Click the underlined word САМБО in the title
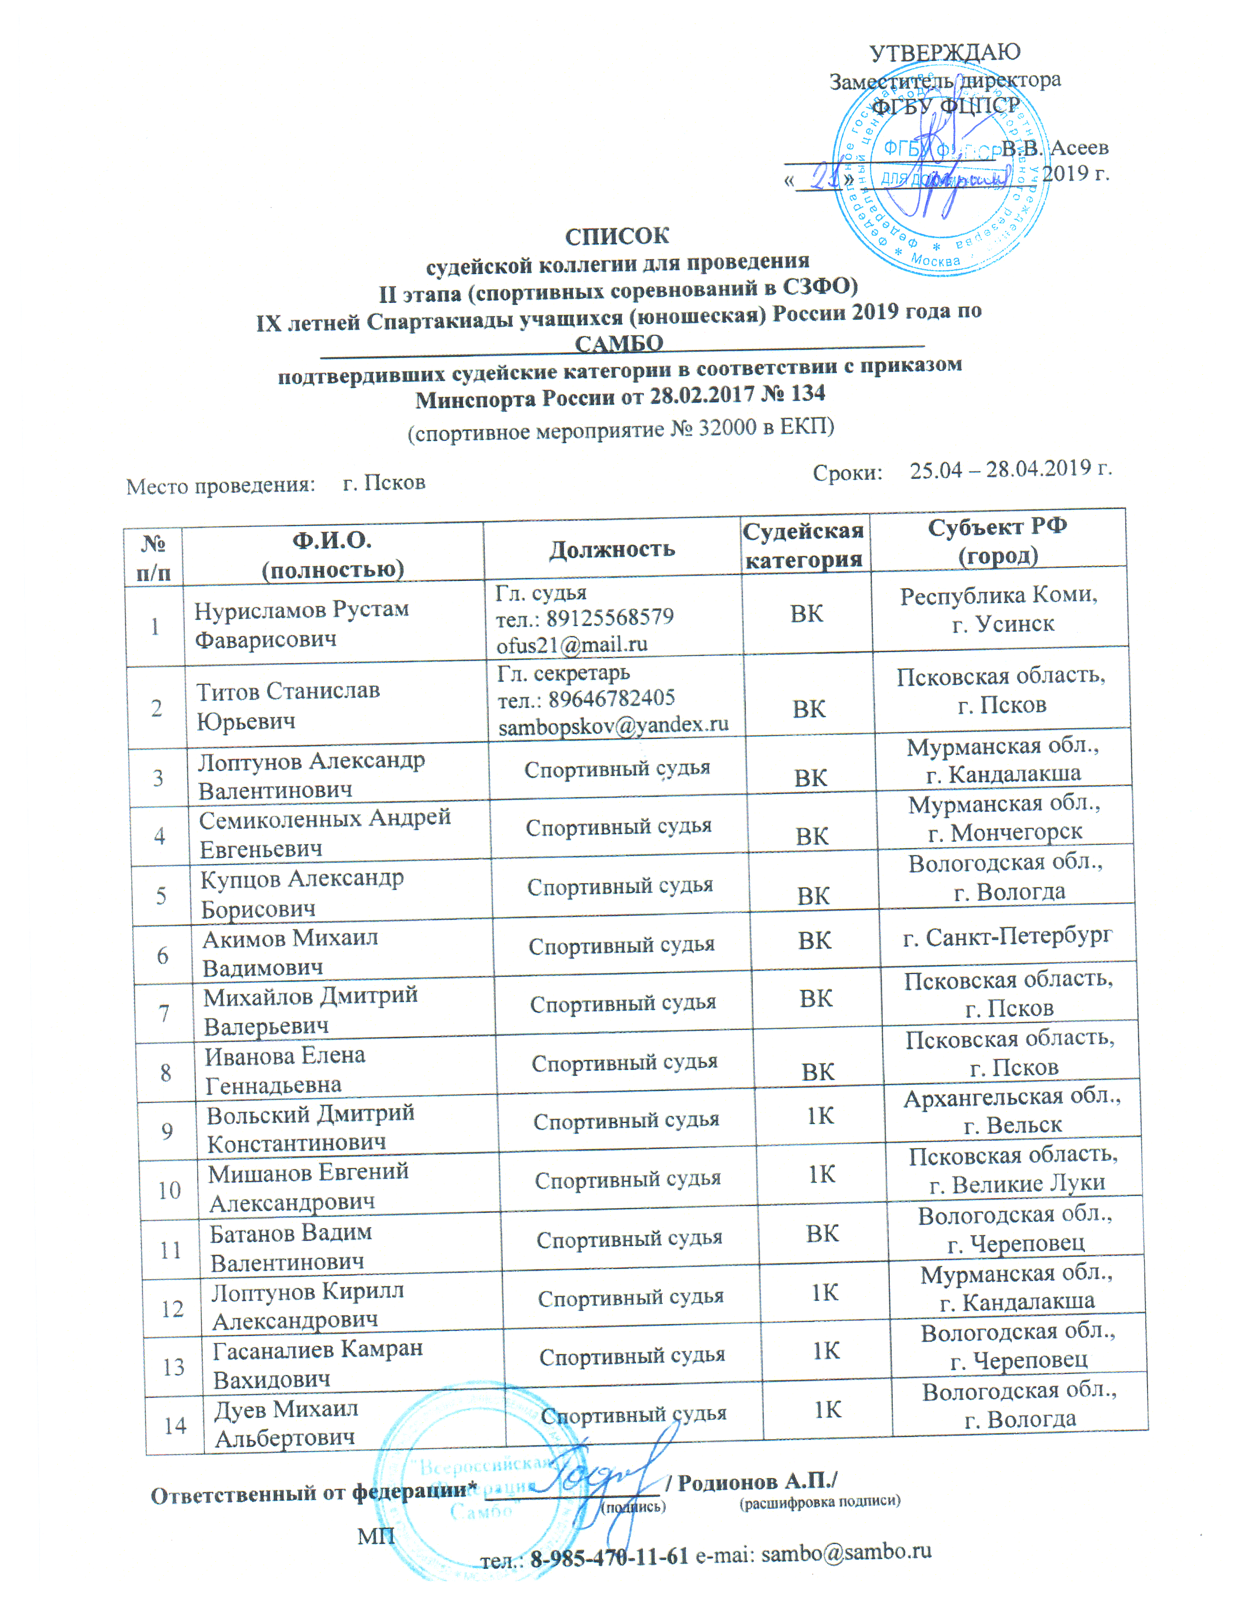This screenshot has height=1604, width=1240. (x=619, y=343)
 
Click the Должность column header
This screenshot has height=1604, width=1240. (x=612, y=549)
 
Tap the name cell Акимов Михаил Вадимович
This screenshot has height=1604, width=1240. (x=290, y=953)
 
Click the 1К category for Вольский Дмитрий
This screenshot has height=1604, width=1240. (x=820, y=1117)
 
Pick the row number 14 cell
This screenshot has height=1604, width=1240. (x=175, y=1426)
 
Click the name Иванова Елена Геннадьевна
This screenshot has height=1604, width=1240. (x=283, y=1070)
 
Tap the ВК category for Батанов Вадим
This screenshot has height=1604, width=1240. (x=822, y=1234)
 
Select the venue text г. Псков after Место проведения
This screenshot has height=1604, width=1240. (x=384, y=483)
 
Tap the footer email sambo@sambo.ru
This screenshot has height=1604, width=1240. (x=846, y=1552)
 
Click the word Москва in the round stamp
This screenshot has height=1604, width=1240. (x=935, y=259)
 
